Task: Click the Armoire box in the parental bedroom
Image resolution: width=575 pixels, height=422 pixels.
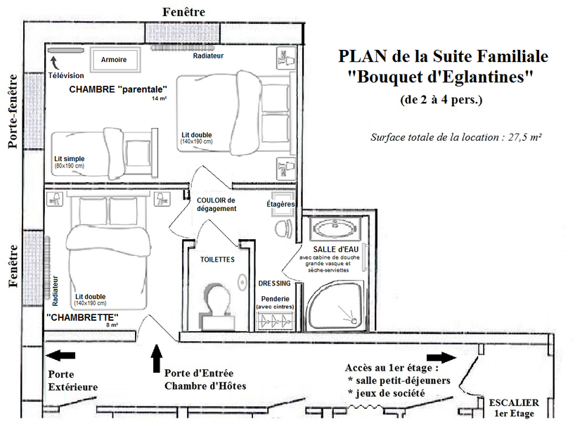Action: coord(114,60)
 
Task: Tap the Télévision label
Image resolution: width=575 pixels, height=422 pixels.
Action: coord(66,75)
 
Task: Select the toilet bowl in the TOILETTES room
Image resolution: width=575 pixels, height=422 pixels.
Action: coord(218,298)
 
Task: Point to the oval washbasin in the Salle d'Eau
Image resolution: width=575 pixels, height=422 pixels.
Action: coord(335,229)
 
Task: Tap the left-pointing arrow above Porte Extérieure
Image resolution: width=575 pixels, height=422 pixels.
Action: coord(60,356)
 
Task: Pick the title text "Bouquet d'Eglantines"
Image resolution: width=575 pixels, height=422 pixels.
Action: coord(441,78)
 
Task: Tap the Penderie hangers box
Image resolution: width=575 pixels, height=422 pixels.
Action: coord(275,320)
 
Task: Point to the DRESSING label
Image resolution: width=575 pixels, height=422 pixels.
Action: coord(274,283)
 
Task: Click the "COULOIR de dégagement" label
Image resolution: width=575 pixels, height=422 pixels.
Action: coord(217,204)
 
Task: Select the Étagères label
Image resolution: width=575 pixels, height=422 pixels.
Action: coord(280,204)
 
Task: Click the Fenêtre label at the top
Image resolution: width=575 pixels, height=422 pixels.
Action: coord(183,11)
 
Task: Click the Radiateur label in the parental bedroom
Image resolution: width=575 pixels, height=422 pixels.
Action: coord(208,56)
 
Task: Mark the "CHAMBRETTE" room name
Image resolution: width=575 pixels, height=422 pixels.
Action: coord(82,317)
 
